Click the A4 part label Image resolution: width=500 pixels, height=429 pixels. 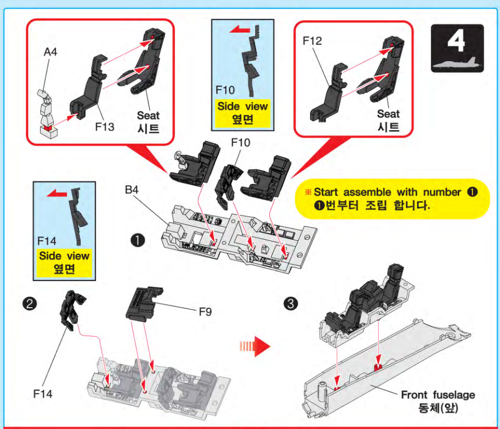tap(50, 52)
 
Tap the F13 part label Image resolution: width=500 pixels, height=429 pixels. tap(104, 127)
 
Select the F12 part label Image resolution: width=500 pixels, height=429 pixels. tap(312, 41)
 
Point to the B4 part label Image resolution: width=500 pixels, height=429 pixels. tap(132, 190)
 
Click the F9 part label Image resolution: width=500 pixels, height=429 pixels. tap(205, 312)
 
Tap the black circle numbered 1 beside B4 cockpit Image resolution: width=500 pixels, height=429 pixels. tap(138, 240)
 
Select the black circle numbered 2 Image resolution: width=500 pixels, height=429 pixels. tap(29, 304)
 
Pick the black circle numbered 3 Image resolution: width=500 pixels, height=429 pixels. tap(291, 303)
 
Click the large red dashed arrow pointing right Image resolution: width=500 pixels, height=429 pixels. tap(255, 346)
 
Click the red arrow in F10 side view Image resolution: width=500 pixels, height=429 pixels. tap(240, 30)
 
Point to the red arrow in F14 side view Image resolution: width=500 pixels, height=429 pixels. tap(57, 193)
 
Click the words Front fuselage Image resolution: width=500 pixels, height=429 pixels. tap(438, 395)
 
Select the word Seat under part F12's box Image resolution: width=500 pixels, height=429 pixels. tap(388, 114)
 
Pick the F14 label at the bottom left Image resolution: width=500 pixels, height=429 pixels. tap(43, 394)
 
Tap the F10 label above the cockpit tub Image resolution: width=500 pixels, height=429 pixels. tap(240, 142)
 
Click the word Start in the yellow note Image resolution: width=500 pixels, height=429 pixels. tap(325, 192)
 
